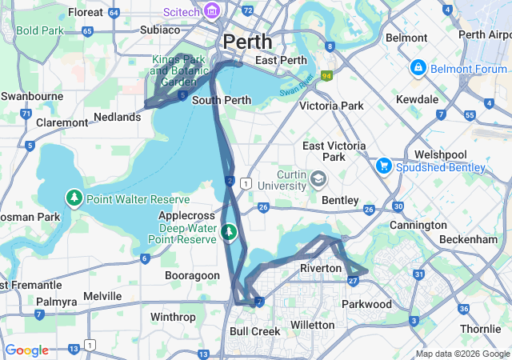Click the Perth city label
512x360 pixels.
(x=247, y=41)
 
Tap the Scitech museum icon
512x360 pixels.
(x=212, y=10)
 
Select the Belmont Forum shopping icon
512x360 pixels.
(x=417, y=68)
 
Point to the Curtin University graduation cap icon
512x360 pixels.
(x=318, y=178)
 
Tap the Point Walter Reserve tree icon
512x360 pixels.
(x=74, y=198)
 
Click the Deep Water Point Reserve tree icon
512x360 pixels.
(x=230, y=232)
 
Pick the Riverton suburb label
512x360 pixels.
(x=320, y=268)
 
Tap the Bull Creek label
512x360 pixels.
(x=254, y=331)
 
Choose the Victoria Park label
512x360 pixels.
(x=331, y=106)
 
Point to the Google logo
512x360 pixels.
(x=26, y=350)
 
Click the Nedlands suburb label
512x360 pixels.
(x=118, y=117)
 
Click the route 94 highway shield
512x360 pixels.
(x=326, y=76)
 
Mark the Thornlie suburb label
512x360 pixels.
(x=481, y=329)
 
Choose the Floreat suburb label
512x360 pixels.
(x=86, y=12)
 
